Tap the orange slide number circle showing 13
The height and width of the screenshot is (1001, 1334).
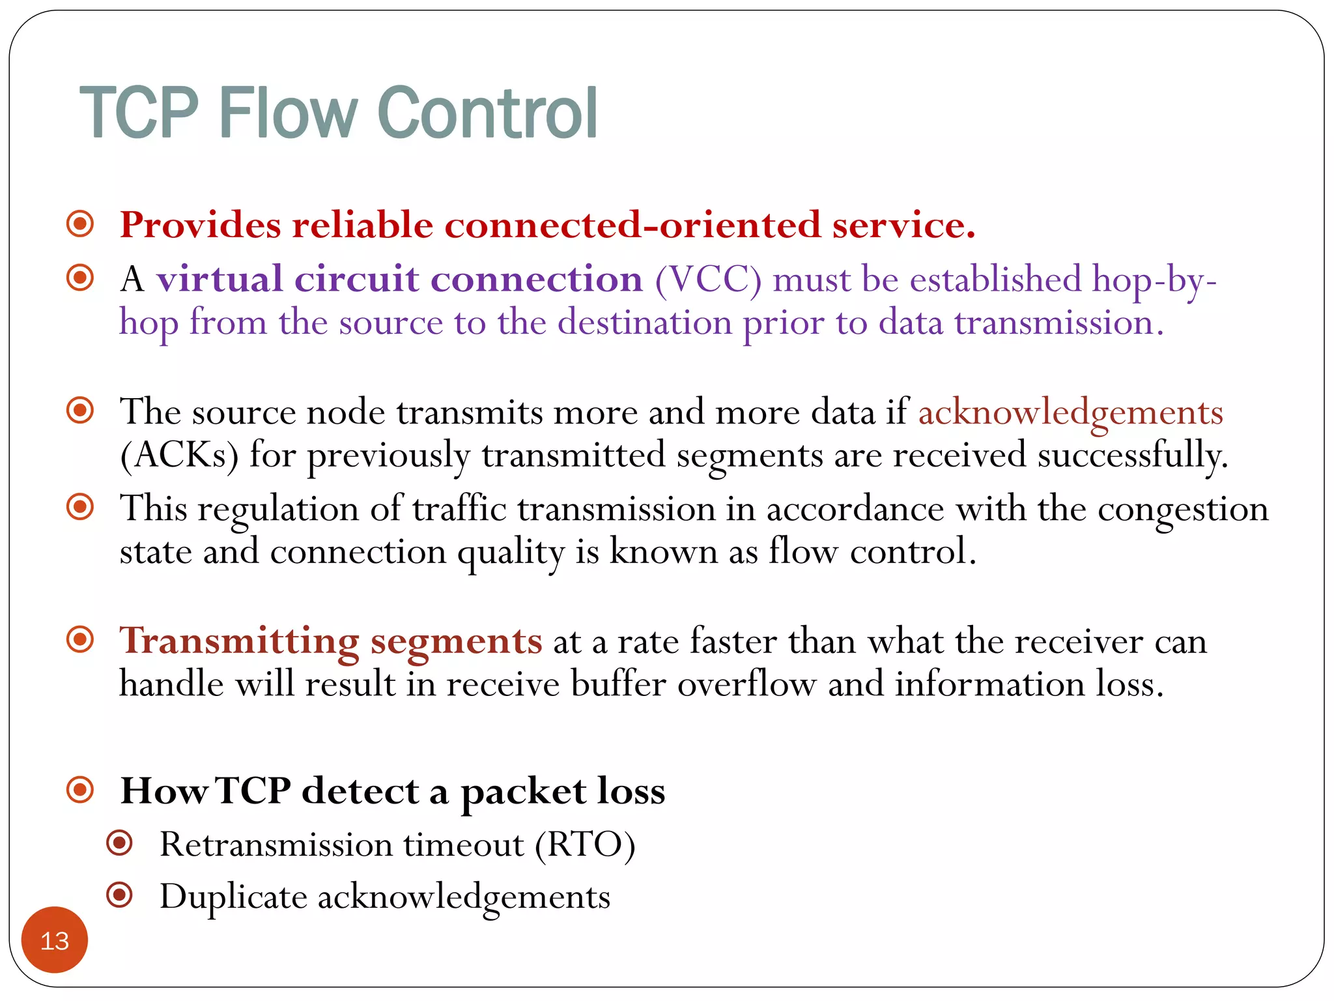pyautogui.click(x=55, y=940)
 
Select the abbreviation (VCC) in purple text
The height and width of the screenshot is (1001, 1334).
pyautogui.click(x=708, y=280)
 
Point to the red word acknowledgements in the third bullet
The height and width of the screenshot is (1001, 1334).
pyautogui.click(x=1070, y=413)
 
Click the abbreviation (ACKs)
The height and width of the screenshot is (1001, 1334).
pyautogui.click(x=179, y=455)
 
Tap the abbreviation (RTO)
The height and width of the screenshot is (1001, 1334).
pyautogui.click(x=585, y=845)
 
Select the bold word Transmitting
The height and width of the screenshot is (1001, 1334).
pyautogui.click(x=239, y=641)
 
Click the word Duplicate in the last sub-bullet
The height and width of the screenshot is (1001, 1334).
pyautogui.click(x=233, y=897)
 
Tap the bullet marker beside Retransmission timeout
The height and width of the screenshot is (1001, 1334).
pyautogui.click(x=120, y=843)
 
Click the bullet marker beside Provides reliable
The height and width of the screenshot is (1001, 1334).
pyautogui.click(x=80, y=224)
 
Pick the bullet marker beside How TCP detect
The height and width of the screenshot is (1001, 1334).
pyautogui.click(x=80, y=790)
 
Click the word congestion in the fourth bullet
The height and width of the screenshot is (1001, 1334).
pyautogui.click(x=1183, y=510)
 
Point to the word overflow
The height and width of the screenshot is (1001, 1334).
pyautogui.click(x=746, y=684)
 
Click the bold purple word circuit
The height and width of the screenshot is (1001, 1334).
pyautogui.click(x=356, y=280)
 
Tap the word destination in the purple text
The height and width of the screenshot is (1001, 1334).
pyautogui.click(x=644, y=323)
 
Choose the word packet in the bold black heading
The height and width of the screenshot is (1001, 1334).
pyautogui.click(x=523, y=792)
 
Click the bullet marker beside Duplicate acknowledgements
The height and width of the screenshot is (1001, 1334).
pyautogui.click(x=120, y=895)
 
